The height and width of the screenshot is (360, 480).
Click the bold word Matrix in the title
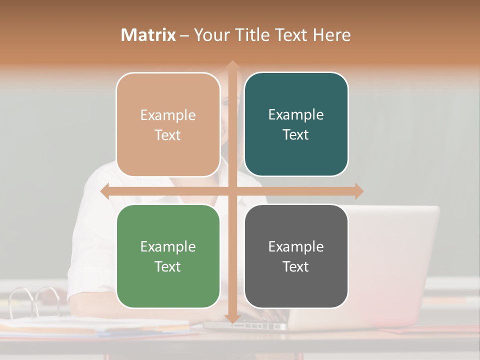click(148, 35)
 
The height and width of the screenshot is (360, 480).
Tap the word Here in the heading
click(331, 35)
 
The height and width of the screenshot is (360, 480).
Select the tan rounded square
click(168, 124)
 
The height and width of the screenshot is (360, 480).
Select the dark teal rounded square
click(296, 124)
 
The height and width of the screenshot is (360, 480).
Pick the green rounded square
click(168, 256)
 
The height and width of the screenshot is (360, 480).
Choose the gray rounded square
click(296, 256)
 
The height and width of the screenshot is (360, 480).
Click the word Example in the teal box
click(296, 114)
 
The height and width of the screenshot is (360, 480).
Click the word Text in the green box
click(168, 266)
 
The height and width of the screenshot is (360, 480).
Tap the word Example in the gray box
click(296, 246)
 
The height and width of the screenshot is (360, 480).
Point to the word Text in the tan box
click(168, 135)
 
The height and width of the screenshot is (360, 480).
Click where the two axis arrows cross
click(232, 191)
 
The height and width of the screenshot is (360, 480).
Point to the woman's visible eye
click(225, 103)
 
